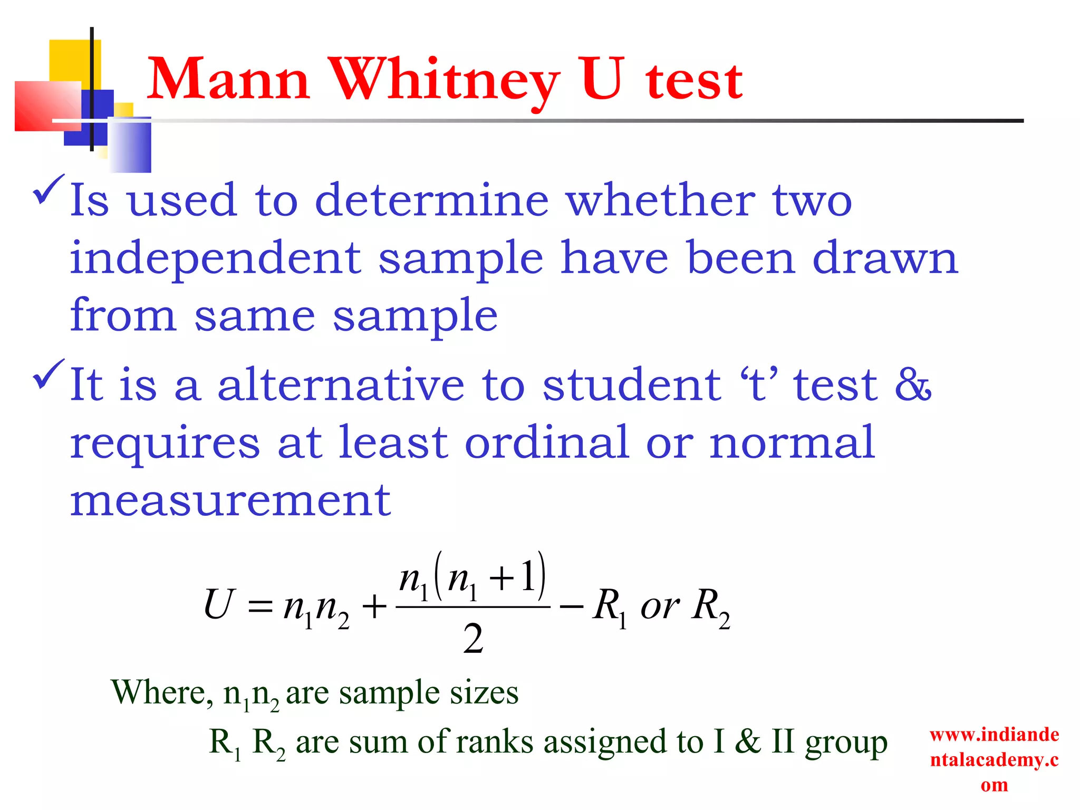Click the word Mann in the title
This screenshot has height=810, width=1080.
tap(228, 80)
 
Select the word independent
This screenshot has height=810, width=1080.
tap(215, 259)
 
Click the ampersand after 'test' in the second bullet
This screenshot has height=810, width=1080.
tap(913, 384)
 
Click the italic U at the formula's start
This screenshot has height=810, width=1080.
tap(218, 604)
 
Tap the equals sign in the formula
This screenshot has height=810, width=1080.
tap(260, 607)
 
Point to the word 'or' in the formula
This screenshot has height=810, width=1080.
tap(659, 606)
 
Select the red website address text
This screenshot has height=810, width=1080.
tap(994, 759)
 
